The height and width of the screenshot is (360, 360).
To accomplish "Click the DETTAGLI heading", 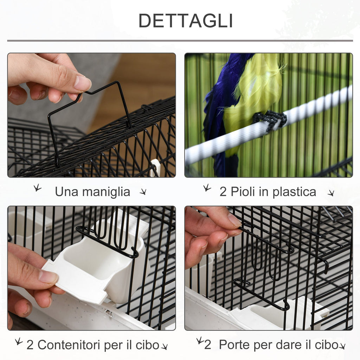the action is [x=186, y=21].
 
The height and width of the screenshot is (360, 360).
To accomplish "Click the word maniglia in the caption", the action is [x=106, y=192].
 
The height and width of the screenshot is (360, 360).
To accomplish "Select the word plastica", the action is [x=294, y=192].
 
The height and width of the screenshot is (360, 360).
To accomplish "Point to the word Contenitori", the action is [x=70, y=345].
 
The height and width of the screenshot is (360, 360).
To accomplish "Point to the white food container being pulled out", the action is [x=96, y=269].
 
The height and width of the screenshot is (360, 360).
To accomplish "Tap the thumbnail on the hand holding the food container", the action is [x=48, y=276].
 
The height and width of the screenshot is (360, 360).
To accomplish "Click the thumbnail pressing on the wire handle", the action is [x=82, y=83].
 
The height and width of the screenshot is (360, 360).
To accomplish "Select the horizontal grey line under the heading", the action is [x=180, y=41].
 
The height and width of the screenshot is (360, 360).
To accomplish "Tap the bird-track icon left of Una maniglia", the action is [x=37, y=188].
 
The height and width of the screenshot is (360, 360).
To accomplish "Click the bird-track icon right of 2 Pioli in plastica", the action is [x=331, y=193].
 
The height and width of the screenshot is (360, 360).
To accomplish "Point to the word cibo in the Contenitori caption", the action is [x=147, y=345].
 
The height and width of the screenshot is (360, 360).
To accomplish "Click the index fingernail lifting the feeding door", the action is [x=234, y=220].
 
